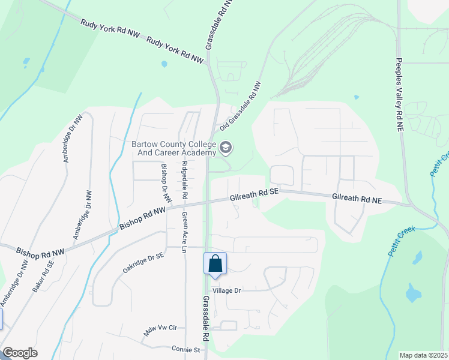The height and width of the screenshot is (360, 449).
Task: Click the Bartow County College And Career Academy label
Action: (173, 148)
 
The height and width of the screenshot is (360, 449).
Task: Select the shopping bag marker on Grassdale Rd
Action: (215, 264)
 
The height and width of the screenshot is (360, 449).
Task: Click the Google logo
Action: (20, 353)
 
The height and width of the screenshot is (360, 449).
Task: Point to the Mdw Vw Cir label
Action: (160, 328)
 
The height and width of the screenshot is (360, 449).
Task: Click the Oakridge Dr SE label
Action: (143, 263)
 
